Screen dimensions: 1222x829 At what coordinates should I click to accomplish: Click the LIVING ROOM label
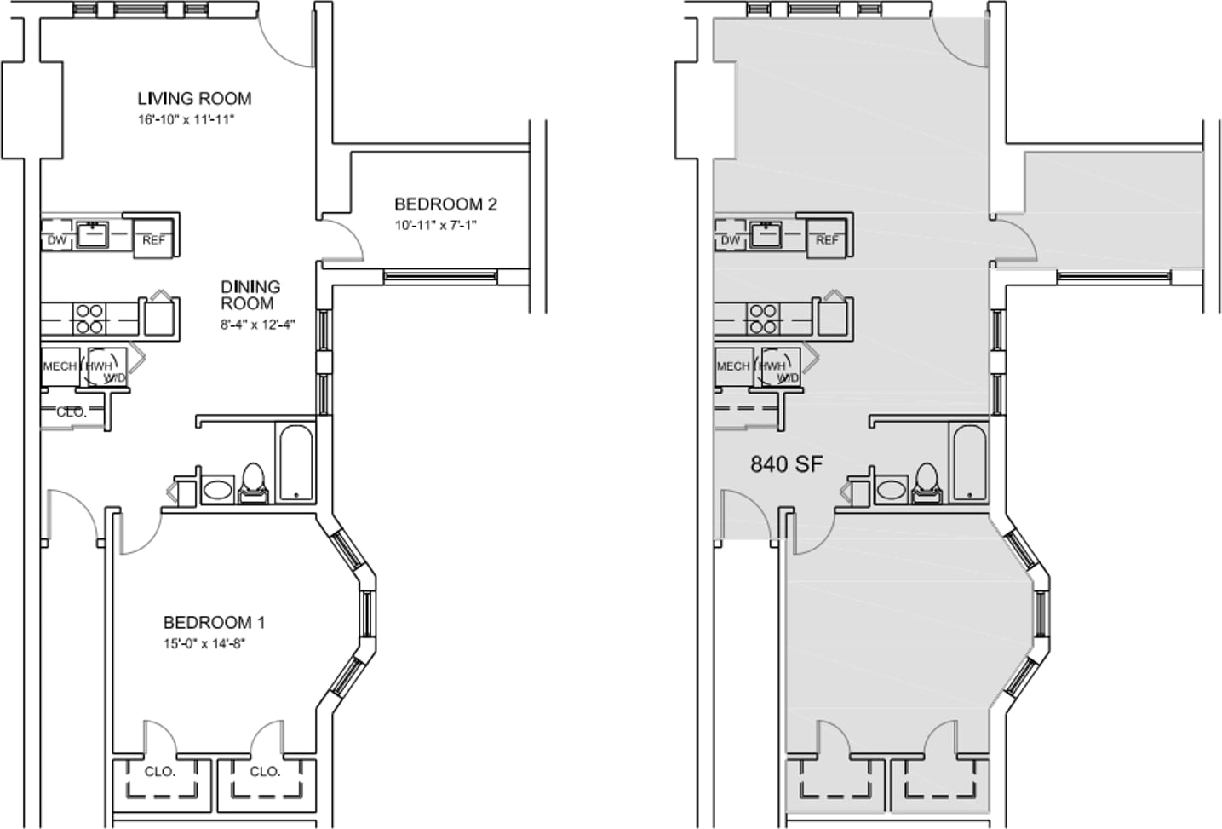pyautogui.click(x=194, y=99)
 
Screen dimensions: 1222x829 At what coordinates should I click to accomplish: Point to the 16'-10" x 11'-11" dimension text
pyautogui.click(x=186, y=119)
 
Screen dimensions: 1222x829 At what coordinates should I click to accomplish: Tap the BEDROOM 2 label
pyautogui.click(x=445, y=204)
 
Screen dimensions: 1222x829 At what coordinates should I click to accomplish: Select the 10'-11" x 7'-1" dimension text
pyautogui.click(x=436, y=225)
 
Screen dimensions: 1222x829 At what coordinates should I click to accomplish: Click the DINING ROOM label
pyautogui.click(x=250, y=295)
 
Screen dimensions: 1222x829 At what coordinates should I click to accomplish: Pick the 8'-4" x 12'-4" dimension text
pyautogui.click(x=257, y=324)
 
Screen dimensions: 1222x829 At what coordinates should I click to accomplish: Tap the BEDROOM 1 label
pyautogui.click(x=215, y=623)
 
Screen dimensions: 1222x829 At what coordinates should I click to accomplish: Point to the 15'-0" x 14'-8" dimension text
pyautogui.click(x=204, y=644)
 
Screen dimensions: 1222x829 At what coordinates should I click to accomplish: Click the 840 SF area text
pyautogui.click(x=786, y=464)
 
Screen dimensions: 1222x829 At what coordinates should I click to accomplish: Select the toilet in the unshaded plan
pyautogui.click(x=253, y=482)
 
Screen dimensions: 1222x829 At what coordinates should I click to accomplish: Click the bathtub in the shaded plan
pyautogui.click(x=970, y=463)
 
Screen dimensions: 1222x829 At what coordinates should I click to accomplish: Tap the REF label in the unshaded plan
pyautogui.click(x=153, y=240)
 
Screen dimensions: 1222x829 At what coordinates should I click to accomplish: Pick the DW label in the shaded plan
pyautogui.click(x=731, y=240)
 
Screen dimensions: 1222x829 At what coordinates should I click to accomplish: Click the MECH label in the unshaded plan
pyautogui.click(x=60, y=366)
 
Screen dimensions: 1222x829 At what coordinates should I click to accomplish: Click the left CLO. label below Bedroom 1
pyautogui.click(x=160, y=772)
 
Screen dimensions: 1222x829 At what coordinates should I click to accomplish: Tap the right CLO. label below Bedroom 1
pyautogui.click(x=265, y=772)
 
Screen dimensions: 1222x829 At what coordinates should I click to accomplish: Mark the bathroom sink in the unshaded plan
pyautogui.click(x=218, y=490)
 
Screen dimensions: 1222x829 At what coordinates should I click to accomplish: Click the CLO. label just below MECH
pyautogui.click(x=72, y=412)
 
